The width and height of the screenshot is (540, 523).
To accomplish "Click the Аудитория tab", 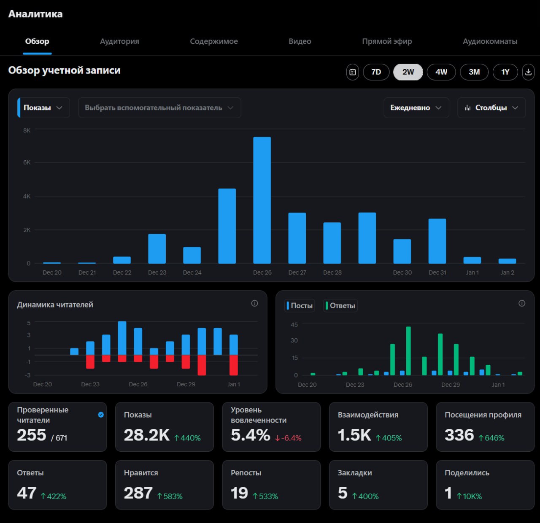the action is pyautogui.click(x=119, y=41).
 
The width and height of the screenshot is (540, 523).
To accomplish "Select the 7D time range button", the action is pyautogui.click(x=376, y=72).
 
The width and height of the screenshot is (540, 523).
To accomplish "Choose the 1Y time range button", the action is pyautogui.click(x=505, y=72).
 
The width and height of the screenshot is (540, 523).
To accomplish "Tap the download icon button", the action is pyautogui.click(x=528, y=72).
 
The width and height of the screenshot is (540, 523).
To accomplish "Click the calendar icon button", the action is pyautogui.click(x=352, y=72).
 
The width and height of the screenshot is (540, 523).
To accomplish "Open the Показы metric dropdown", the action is pyautogui.click(x=43, y=108).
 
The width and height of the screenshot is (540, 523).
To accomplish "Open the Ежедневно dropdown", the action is pyautogui.click(x=416, y=108).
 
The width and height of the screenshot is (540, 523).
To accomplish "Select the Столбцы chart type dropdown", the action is pyautogui.click(x=491, y=108).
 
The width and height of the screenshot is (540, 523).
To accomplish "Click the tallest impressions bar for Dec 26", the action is pyautogui.click(x=262, y=200).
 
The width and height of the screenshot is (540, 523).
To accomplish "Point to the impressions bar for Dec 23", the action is pyautogui.click(x=157, y=248).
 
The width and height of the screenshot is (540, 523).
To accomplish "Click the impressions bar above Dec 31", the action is pyautogui.click(x=437, y=241).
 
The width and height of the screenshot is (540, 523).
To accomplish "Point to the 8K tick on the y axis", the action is pyautogui.click(x=27, y=130).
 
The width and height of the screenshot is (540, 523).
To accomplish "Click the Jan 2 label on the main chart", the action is pyautogui.click(x=507, y=272).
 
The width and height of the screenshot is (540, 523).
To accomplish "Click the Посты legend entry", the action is pyautogui.click(x=300, y=305).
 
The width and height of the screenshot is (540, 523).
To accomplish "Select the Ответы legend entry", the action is pyautogui.click(x=340, y=305).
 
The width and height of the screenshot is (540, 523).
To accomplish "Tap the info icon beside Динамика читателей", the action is pyautogui.click(x=254, y=303).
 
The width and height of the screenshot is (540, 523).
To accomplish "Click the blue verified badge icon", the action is pyautogui.click(x=101, y=415).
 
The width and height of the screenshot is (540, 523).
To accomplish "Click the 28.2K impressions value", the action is pyautogui.click(x=146, y=435).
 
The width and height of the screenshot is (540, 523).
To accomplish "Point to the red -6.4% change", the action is pyautogui.click(x=288, y=438).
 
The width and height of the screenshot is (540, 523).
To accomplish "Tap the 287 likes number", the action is pyautogui.click(x=138, y=493).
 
